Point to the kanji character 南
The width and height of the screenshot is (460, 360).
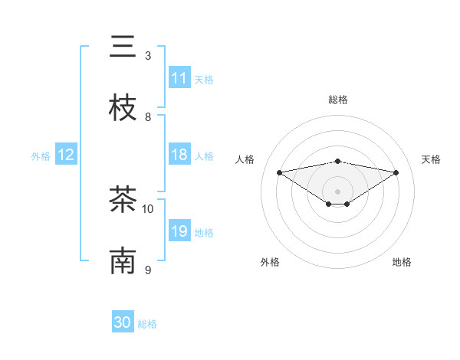123,261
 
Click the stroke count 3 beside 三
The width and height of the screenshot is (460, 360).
148,55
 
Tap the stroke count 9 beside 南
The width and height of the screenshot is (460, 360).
148,270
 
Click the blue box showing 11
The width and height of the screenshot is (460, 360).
179,78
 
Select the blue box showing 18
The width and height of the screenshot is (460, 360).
179,155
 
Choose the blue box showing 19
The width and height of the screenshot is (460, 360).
179,231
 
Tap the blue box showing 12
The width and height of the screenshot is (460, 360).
66,155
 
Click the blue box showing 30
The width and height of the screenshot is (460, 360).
123,322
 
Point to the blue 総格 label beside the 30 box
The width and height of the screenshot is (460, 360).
147,324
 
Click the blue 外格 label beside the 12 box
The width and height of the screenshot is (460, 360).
41,156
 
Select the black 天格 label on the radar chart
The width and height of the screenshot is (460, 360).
431,159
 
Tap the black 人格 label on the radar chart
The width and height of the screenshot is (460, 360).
245,159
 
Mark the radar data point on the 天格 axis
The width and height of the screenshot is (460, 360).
396,172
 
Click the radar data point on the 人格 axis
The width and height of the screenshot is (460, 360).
279,172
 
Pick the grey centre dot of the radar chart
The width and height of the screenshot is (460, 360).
337,191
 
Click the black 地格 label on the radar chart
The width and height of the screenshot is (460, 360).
402,262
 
